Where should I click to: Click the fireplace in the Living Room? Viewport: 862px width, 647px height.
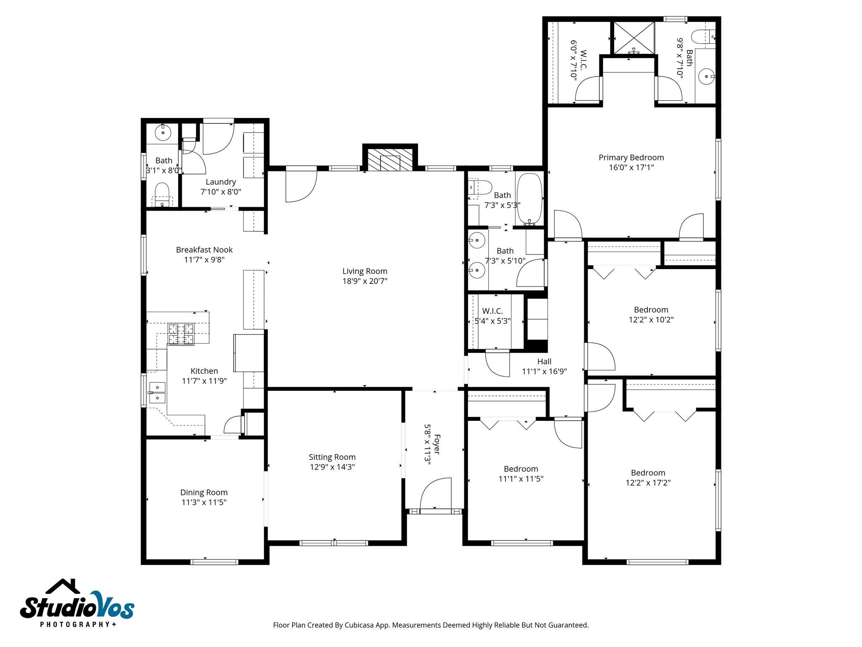pos(390,159)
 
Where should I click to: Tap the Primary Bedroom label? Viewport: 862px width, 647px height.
pos(631,158)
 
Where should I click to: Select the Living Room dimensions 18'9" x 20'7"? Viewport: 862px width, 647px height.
pos(365,281)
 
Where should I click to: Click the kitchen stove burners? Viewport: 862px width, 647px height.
pos(181,334)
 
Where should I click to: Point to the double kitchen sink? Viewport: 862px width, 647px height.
pos(157,393)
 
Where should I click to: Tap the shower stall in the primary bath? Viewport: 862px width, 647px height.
pos(633,38)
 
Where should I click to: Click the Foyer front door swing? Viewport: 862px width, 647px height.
pos(436,493)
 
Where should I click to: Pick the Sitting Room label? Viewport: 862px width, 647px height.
pos(332,457)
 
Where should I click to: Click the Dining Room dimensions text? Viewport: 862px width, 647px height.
pos(204,502)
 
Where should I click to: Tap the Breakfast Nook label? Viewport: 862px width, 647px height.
pos(204,250)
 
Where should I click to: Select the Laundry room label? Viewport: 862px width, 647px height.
pos(221,182)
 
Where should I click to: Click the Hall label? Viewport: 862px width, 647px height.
pos(544,361)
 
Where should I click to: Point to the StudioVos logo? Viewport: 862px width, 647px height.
pos(77,603)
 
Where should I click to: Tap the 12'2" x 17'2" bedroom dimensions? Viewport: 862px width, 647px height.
pos(648,483)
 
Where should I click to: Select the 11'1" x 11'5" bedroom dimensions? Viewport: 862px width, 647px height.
pos(521,479)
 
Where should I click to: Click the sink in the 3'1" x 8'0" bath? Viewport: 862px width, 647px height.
pos(162,132)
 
